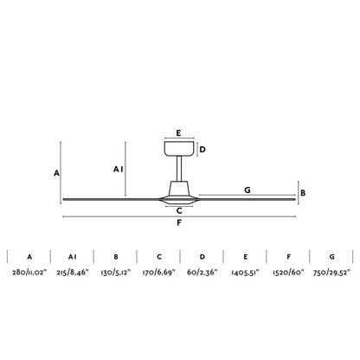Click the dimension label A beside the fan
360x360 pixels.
[56, 173]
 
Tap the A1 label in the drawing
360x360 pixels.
[118, 170]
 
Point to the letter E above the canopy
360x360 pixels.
[179, 133]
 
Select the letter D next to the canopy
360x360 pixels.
[202, 150]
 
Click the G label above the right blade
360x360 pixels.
[247, 190]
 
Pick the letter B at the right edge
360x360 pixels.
[303, 193]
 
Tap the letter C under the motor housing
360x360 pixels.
[179, 211]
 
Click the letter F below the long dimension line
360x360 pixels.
[179, 222]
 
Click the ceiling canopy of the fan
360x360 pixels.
[179, 149]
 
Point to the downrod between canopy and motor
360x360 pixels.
[179, 169]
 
